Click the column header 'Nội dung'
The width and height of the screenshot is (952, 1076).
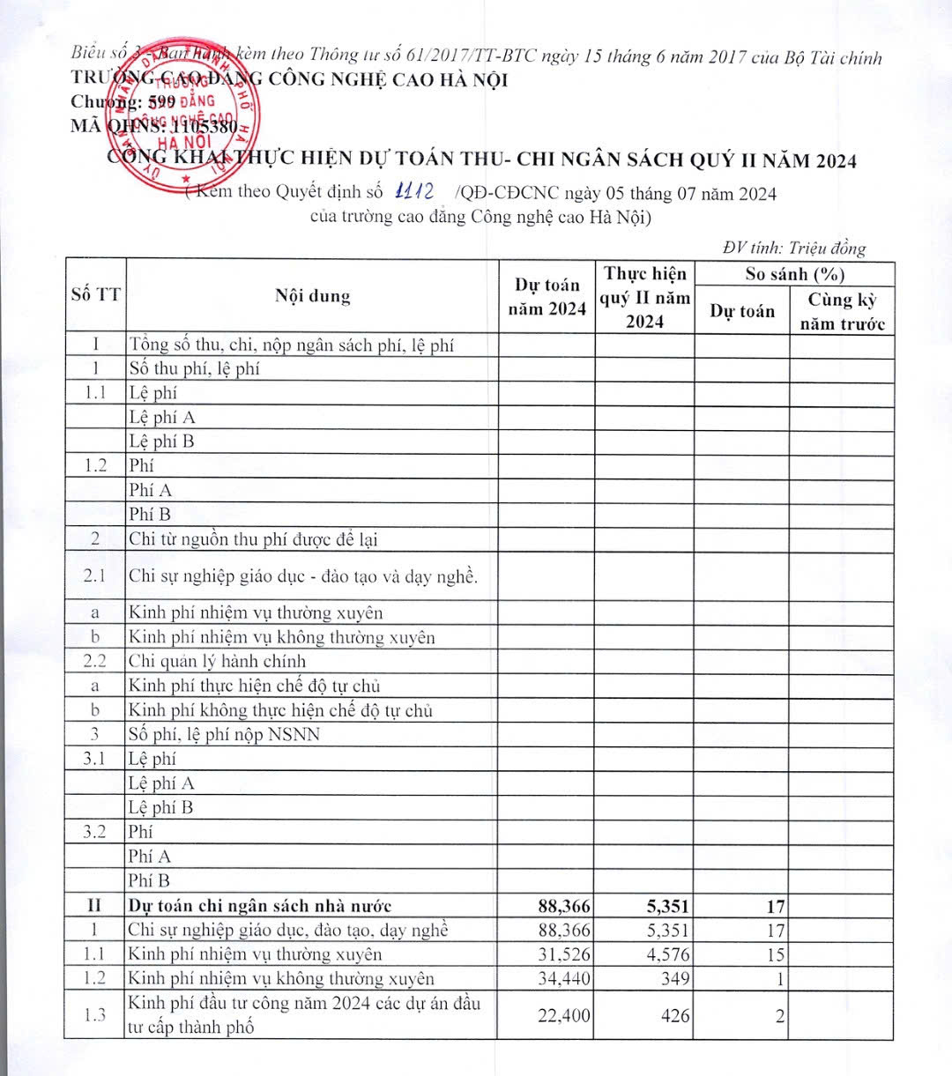click(312, 296)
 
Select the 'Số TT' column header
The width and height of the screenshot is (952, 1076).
click(95, 295)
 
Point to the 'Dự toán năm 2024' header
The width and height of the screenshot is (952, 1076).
click(547, 296)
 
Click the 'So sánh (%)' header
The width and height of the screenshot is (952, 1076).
click(794, 273)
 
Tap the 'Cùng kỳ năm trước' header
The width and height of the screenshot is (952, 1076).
click(842, 311)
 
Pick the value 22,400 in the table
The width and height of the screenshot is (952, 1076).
click(564, 1016)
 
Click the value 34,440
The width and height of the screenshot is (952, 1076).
click(564, 978)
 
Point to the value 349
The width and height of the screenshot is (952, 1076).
click(675, 978)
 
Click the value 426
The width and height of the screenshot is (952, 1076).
click(675, 1016)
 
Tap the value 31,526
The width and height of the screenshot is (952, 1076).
click(564, 954)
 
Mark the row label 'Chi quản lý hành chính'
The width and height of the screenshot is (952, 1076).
click(217, 661)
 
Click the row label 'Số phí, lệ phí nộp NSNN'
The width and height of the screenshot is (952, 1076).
click(224, 734)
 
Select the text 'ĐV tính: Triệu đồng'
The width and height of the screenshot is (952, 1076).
click(793, 248)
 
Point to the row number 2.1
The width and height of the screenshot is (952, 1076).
click(95, 576)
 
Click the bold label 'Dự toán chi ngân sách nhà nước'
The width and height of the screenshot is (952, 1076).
click(259, 906)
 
